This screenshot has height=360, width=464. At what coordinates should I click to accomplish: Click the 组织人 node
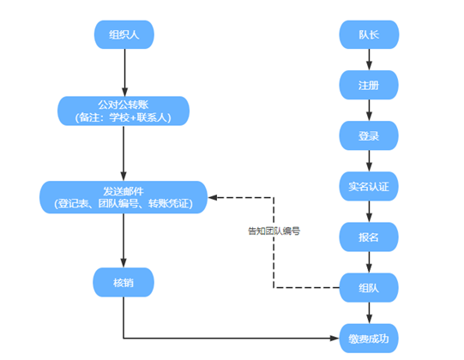(124, 34)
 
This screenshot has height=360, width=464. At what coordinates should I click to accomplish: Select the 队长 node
(369, 34)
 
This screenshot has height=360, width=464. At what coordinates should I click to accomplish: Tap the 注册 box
(369, 85)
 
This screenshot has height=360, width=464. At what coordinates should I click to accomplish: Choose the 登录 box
(369, 135)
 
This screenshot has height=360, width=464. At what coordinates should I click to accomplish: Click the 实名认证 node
(369, 186)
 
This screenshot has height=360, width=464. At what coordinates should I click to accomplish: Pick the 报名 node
(369, 237)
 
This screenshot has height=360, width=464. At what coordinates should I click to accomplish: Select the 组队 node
(369, 287)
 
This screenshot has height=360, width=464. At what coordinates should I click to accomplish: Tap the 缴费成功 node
(369, 339)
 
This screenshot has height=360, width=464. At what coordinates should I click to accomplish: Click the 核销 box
(124, 282)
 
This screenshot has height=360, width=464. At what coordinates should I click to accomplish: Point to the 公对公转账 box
(124, 111)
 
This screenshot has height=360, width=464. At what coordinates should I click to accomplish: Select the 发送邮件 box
(124, 197)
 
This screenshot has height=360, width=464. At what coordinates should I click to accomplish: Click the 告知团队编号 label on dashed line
(274, 231)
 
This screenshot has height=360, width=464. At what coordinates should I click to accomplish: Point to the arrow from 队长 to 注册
(369, 60)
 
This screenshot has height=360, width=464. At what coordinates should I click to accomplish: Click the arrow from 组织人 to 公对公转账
(124, 73)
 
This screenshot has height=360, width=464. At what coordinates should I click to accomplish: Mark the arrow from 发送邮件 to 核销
(124, 241)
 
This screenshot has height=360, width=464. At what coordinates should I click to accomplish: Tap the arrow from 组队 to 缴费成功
(369, 313)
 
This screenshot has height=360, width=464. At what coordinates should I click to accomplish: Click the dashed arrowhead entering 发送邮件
(213, 197)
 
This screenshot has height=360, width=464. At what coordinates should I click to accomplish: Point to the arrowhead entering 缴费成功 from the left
(334, 338)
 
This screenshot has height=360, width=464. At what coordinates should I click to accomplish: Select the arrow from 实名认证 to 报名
(369, 212)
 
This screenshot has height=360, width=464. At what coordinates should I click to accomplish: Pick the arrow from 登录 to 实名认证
(369, 161)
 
